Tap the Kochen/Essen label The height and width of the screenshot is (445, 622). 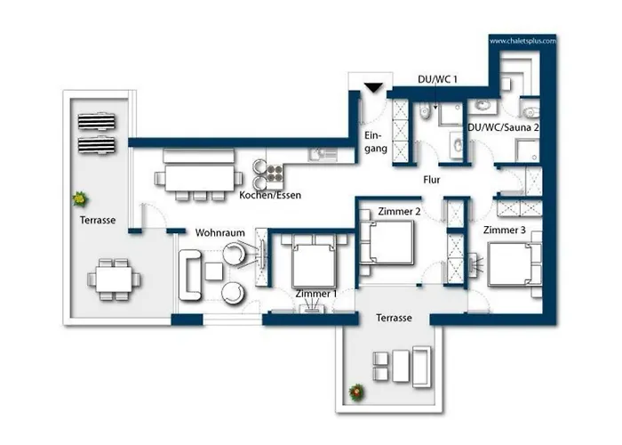[x=270, y=195]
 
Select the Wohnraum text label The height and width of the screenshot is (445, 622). [x=220, y=233]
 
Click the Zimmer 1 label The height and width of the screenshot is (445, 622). [x=316, y=294]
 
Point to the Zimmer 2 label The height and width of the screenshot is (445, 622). [x=399, y=212]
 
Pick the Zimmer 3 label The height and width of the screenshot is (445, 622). [x=504, y=230]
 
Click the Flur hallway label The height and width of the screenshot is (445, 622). [x=432, y=180]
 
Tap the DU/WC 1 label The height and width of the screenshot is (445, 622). [x=437, y=79]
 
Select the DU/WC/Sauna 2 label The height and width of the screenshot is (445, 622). [x=504, y=127]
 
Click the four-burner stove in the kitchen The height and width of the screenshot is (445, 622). [x=275, y=174]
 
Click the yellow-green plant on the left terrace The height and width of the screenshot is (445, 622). [x=80, y=198]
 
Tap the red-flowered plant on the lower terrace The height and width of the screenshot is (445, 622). [x=357, y=392]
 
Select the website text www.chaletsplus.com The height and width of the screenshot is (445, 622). [x=522, y=41]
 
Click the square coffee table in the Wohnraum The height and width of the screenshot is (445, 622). [x=214, y=271]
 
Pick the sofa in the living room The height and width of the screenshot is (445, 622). [x=190, y=275]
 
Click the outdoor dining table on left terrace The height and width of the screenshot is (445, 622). [x=114, y=279]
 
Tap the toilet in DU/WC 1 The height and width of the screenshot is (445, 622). [x=425, y=111]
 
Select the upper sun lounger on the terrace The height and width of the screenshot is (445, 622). [x=97, y=122]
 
